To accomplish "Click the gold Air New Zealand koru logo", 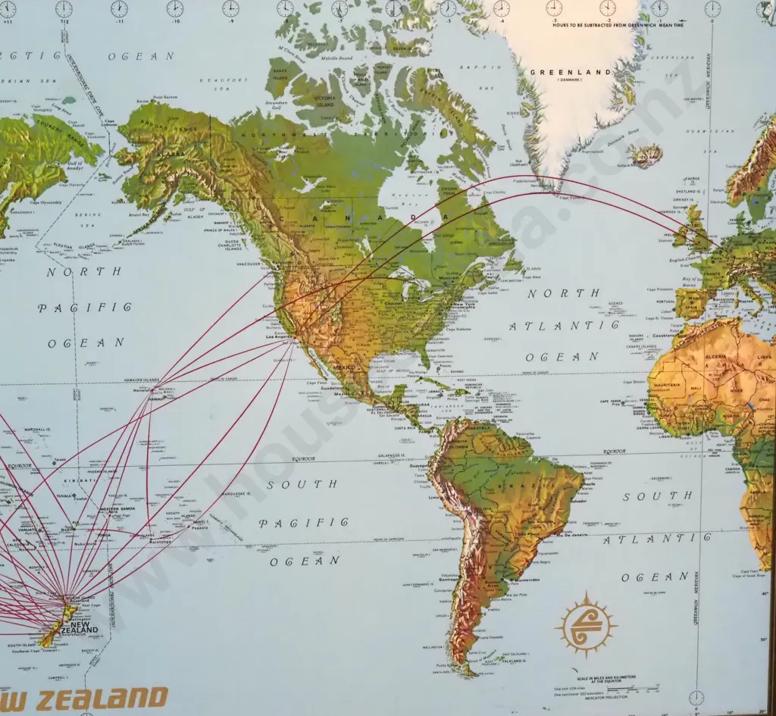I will (586, 624).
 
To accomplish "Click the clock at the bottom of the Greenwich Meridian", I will (696, 698).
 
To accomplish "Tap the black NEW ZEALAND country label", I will (83, 627).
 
